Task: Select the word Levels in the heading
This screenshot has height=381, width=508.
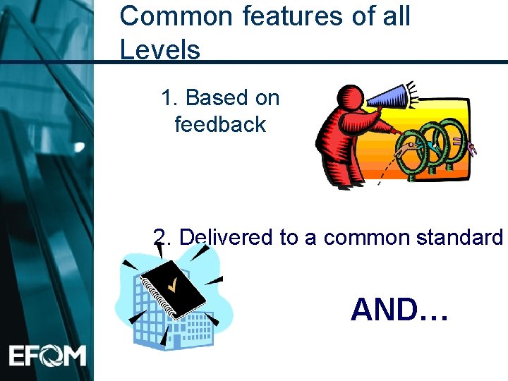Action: point(160,49)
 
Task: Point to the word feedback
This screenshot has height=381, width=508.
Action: point(220,125)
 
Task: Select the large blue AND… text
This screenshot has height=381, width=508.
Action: point(399,309)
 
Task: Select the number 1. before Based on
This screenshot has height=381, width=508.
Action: point(169,98)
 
